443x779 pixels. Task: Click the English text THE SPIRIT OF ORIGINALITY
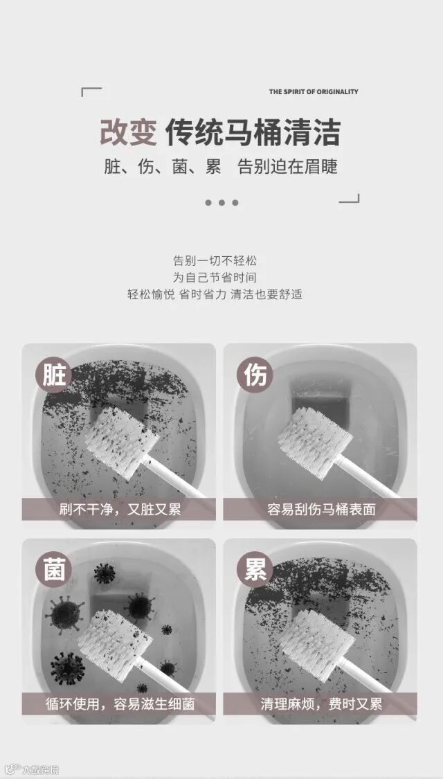coord(314,91)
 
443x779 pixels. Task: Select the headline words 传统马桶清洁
coord(253,133)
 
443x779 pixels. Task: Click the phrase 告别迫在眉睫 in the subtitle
coord(287,167)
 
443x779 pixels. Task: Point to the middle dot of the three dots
coord(221,203)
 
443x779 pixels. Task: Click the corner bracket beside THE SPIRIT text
coord(349,198)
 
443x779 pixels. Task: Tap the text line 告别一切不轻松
coord(215,261)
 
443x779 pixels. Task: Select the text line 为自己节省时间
coord(215,277)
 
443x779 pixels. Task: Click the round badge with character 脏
coord(53,375)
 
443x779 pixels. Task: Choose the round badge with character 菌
coord(53,569)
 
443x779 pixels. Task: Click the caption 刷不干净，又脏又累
coord(120,509)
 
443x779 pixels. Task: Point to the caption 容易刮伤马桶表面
coord(321,509)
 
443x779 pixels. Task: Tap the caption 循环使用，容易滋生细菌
coord(120,704)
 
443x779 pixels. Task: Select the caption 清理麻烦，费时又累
coord(321,704)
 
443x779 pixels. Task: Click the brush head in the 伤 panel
coord(315,436)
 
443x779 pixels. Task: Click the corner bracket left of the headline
coord(91,91)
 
